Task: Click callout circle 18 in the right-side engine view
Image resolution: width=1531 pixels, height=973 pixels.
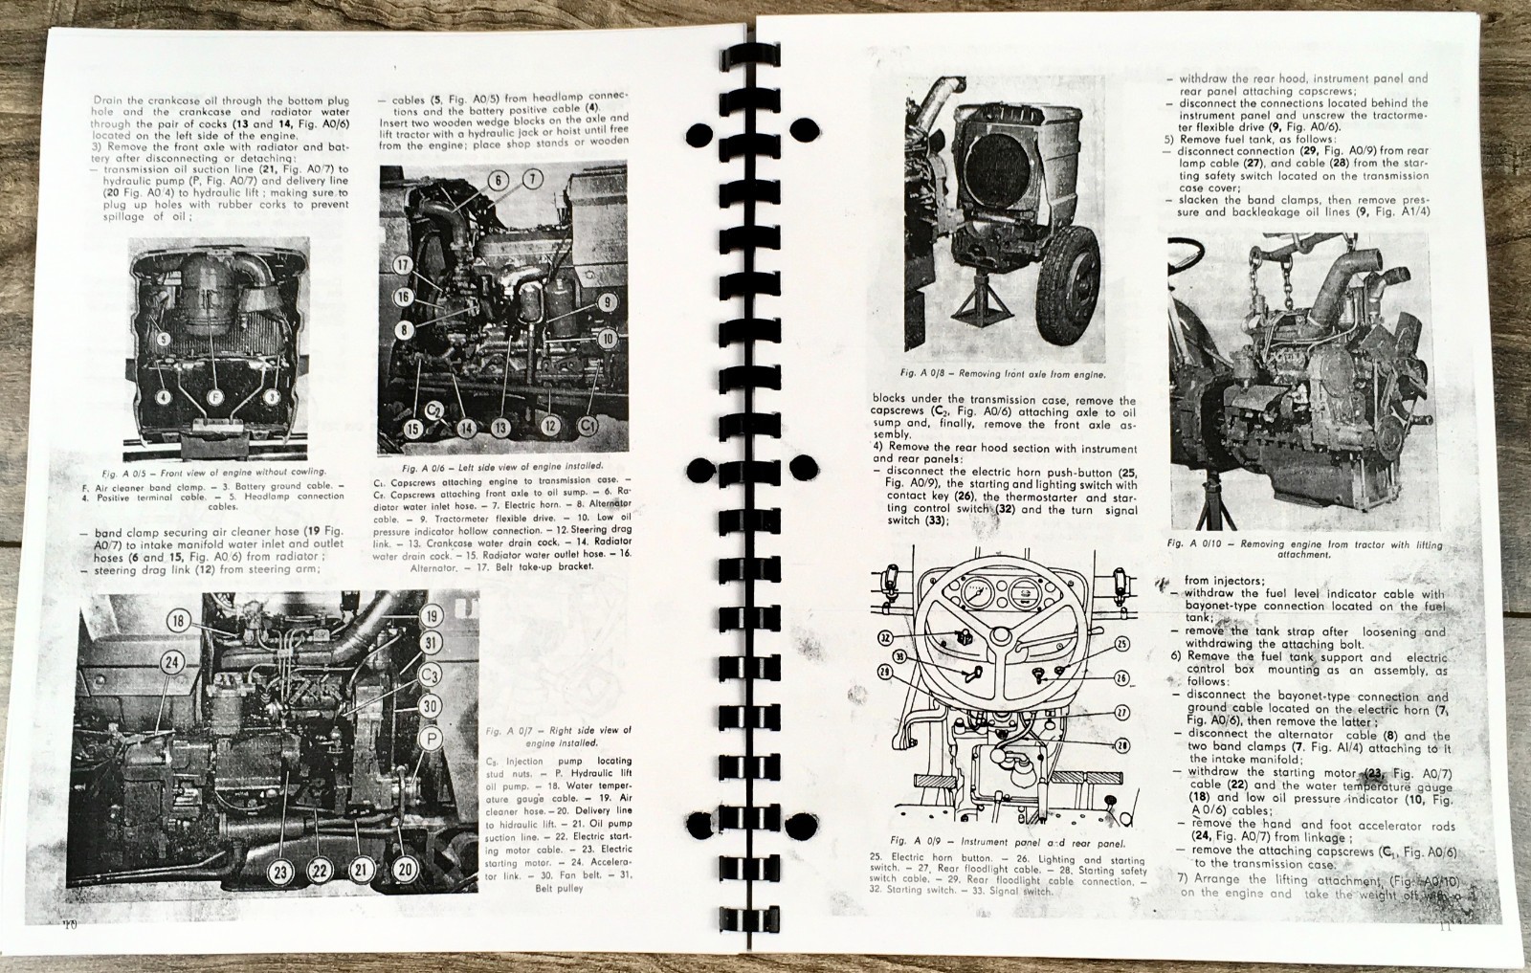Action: coord(178,621)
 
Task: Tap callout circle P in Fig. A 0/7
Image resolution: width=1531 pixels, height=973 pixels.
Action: coord(432,739)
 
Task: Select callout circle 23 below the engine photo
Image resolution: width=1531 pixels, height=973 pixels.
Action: coord(280,871)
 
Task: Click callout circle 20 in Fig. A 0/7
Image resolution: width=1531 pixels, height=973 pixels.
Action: coord(405,869)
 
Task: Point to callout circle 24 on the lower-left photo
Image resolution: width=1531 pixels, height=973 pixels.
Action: coord(171,662)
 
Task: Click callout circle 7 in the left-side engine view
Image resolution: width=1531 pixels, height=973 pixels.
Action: coord(533,178)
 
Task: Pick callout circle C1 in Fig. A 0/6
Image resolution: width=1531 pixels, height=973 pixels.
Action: coord(589,424)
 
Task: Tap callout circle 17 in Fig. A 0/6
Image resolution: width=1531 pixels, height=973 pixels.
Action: coord(403,265)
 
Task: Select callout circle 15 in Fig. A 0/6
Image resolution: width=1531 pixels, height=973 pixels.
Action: coord(411,429)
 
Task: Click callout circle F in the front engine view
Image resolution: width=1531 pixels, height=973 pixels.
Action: coord(214,395)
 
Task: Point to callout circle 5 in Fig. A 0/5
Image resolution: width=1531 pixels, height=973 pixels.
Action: coord(164,339)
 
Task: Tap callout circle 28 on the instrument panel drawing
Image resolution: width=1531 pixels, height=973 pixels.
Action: coord(1121,742)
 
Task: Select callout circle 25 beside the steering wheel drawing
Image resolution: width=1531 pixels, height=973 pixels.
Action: coord(1121,644)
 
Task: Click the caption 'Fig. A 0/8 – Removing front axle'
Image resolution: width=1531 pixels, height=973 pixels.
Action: coord(1002,374)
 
